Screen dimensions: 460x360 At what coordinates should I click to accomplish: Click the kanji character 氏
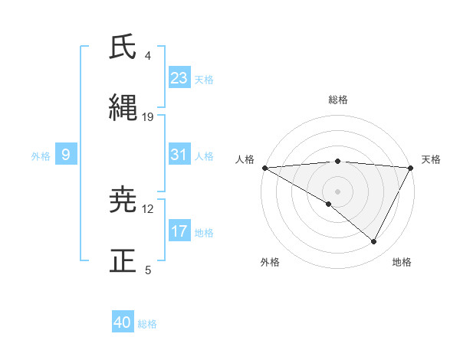[x=123, y=47]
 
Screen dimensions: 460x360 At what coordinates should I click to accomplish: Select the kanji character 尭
[x=123, y=201]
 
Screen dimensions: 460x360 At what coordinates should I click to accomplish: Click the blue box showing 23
[x=179, y=77]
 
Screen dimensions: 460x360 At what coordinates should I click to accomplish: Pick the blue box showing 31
[x=179, y=155]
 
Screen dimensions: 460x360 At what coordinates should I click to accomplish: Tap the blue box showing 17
[x=179, y=231]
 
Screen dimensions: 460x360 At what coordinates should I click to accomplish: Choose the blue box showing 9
[x=66, y=155]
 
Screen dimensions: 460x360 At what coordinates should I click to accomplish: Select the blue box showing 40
[x=123, y=322]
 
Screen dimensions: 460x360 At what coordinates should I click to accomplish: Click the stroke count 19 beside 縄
[x=148, y=117]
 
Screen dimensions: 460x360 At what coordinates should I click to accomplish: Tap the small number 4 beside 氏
[x=148, y=56]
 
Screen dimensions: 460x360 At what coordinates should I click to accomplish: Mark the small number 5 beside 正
[x=148, y=270]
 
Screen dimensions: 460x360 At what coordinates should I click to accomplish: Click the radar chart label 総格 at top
[x=337, y=100]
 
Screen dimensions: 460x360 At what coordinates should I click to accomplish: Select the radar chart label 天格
[x=431, y=159]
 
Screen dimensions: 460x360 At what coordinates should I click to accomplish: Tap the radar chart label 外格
[x=270, y=262]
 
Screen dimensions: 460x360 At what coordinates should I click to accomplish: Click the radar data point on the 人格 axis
[x=264, y=167]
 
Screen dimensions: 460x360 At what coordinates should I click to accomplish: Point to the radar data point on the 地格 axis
[x=374, y=241]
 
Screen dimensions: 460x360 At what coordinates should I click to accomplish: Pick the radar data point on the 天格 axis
[x=411, y=167]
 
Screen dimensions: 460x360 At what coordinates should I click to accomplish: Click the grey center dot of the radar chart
[x=337, y=191]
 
